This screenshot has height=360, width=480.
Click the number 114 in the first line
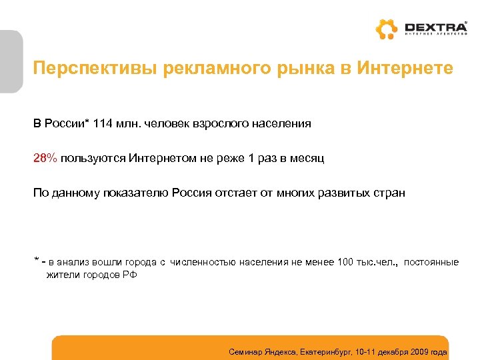104,123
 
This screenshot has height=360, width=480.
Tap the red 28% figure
45,158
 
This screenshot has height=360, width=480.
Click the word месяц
307,158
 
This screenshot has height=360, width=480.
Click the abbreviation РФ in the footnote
130,275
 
